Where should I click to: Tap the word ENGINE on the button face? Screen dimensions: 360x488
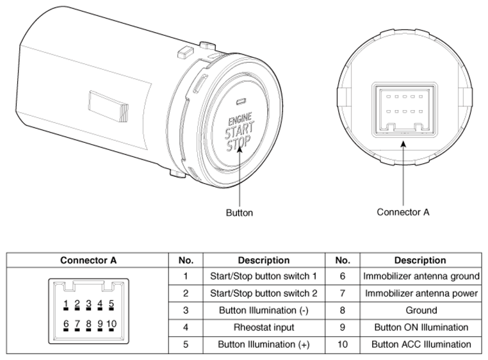pos(240,119)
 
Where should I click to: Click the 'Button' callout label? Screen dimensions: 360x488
pos(240,213)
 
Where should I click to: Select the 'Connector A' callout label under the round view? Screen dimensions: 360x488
pos(403,211)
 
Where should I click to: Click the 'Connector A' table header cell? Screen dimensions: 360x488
pos(88,260)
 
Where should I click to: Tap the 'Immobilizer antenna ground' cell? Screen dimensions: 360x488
pos(421,277)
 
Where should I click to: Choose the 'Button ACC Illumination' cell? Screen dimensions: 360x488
pos(421,344)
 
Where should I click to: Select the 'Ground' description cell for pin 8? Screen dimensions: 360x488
pos(421,310)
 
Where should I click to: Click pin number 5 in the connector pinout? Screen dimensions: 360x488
pos(111,304)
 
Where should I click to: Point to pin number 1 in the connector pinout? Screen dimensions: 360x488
pos(66,304)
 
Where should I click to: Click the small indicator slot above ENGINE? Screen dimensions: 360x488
pos(241,102)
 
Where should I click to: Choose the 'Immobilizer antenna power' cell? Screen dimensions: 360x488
pos(421,293)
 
